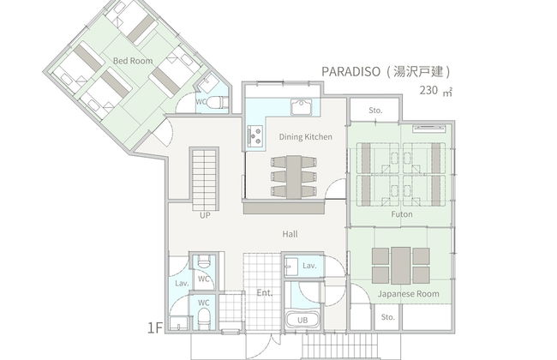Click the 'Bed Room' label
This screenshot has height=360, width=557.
133,60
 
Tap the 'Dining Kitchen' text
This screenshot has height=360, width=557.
299,136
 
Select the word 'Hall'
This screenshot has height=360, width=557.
290,233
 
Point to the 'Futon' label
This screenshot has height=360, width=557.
401,214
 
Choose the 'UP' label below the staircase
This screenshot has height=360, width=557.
205,215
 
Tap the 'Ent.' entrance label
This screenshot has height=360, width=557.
264,293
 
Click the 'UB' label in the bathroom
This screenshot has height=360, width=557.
302,319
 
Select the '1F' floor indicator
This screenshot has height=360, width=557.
154,327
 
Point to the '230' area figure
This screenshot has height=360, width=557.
428,90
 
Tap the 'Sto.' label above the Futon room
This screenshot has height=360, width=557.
374,111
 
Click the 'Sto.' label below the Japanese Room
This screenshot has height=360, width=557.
388,317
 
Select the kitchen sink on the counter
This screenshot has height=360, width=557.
301,107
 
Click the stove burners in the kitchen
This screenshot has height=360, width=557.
255,134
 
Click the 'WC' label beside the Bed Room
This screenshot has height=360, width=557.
201,101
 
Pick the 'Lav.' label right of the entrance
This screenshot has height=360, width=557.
309,267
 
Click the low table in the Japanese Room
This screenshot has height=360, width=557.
397,265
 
